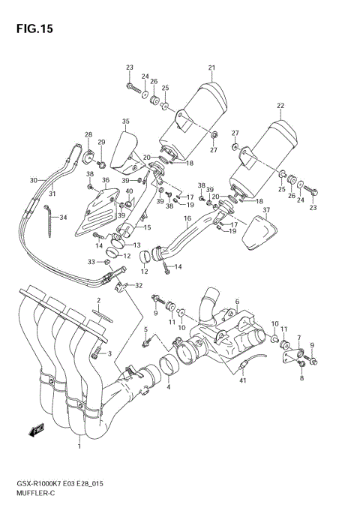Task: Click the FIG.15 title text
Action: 31,30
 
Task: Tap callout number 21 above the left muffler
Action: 211,68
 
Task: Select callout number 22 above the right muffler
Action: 280,106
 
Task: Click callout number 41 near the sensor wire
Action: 242,382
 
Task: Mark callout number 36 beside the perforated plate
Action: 106,180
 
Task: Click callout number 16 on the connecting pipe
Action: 187,218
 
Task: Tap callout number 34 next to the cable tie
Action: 64,218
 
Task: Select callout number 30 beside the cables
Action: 33,180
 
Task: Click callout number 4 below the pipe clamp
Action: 169,386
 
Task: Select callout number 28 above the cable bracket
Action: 88,135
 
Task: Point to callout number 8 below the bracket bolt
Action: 302,379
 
